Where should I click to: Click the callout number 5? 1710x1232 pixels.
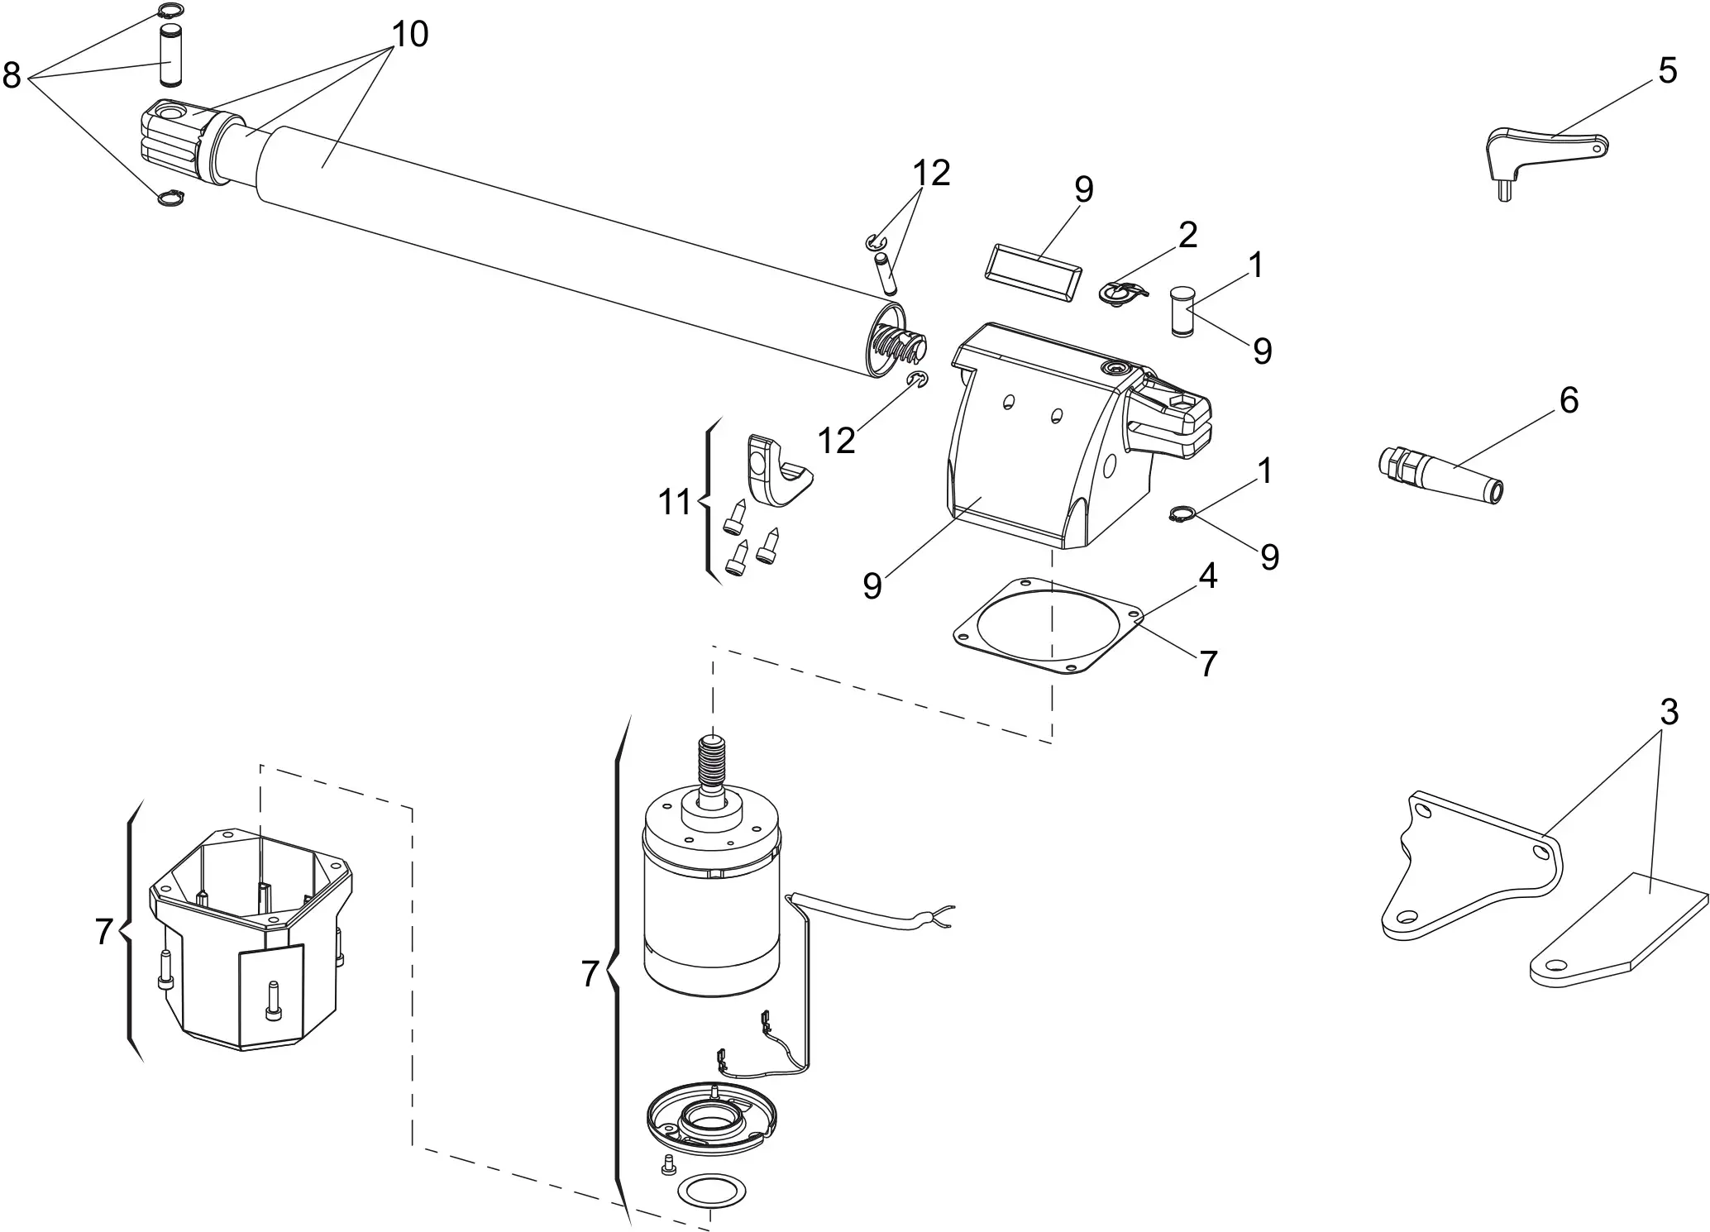1667,72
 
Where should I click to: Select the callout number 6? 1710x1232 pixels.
1569,400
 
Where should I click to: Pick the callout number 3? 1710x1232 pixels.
1669,712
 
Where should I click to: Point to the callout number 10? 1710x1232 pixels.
410,35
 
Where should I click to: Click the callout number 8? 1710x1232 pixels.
12,76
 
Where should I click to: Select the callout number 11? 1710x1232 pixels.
674,502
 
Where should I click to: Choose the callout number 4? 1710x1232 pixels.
1207,576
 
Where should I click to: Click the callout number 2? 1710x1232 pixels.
1187,236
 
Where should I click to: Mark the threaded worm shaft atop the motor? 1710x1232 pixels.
711,762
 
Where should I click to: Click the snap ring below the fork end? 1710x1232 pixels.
170,198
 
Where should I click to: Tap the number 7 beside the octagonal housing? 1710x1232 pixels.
103,933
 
